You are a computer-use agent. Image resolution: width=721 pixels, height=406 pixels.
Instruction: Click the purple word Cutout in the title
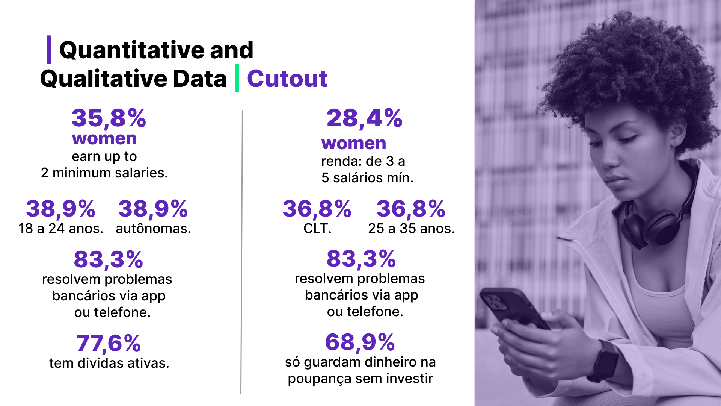[x=287, y=79]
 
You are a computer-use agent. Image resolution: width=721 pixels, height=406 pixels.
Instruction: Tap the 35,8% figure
[x=109, y=118]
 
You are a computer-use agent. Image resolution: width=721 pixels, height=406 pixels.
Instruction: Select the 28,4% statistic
[x=364, y=118]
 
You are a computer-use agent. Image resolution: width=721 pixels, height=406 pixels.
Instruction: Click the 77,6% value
[x=109, y=343]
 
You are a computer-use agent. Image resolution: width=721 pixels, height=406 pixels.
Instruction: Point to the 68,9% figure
[x=360, y=342]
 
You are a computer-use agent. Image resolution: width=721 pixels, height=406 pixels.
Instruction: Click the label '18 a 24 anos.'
[x=61, y=229]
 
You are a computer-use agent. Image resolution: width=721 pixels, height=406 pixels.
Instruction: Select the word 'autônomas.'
[x=153, y=229]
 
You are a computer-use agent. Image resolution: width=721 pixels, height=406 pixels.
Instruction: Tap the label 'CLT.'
[x=317, y=229]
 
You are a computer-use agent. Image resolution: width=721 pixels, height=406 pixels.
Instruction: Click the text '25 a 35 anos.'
[x=411, y=229]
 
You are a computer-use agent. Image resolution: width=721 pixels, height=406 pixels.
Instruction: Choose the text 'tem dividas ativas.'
[x=109, y=363]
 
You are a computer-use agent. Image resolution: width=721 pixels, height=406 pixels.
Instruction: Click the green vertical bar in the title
[x=237, y=78]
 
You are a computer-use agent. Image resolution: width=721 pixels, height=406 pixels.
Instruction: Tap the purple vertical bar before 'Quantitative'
[x=49, y=50]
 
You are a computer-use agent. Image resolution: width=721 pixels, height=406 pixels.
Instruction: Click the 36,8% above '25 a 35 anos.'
[x=411, y=209]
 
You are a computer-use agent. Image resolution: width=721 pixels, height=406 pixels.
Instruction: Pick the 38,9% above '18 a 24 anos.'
[x=60, y=209]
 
